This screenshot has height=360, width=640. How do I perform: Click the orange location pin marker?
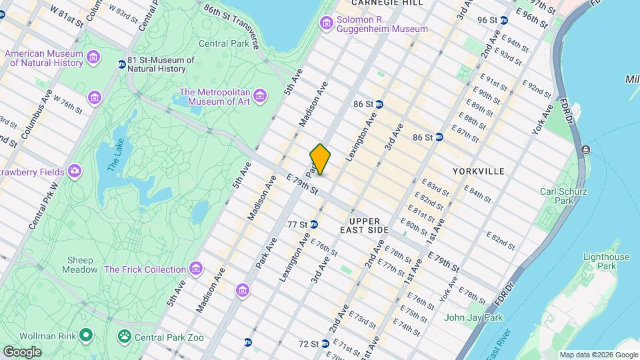coord(320,159)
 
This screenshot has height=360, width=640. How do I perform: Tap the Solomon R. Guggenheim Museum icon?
coord(327,24)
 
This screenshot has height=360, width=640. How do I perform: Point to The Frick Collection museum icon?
coord(195,269)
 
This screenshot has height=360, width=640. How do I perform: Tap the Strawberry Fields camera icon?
coord(75,171)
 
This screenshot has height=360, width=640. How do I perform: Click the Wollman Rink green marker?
coord(85,335)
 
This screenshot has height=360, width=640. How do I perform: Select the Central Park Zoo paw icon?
coord(124,335)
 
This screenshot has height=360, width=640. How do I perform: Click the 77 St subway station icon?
coord(313,224)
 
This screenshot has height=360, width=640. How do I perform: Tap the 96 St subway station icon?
coord(504,20)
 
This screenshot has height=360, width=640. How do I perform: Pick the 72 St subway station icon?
coord(325,344)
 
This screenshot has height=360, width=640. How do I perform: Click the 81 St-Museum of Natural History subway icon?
coord(121,64)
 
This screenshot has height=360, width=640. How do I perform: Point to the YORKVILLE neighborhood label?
coord(478,171)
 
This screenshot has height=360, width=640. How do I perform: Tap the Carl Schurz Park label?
coord(563,196)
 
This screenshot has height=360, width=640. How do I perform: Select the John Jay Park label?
coord(473,317)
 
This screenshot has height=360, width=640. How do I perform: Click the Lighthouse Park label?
coord(605,261)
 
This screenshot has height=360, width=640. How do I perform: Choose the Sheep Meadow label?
coord(81,265)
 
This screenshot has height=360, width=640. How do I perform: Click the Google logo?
coord(22,351)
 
